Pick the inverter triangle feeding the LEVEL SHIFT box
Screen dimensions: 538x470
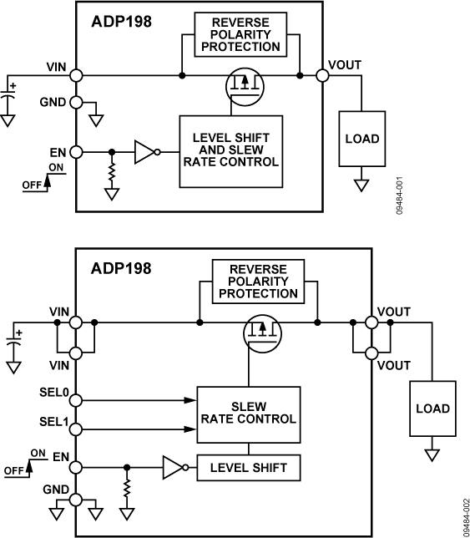[x=172, y=468]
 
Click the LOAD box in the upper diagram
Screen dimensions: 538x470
[x=361, y=139]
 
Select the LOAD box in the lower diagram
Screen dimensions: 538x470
[x=432, y=409]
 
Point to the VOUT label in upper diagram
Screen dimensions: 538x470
[x=346, y=64]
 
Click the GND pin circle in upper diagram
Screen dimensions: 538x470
[x=76, y=103]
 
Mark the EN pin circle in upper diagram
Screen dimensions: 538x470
[x=76, y=153]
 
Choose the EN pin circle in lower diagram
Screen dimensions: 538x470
[x=76, y=468]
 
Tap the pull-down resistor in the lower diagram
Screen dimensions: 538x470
[x=126, y=488]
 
